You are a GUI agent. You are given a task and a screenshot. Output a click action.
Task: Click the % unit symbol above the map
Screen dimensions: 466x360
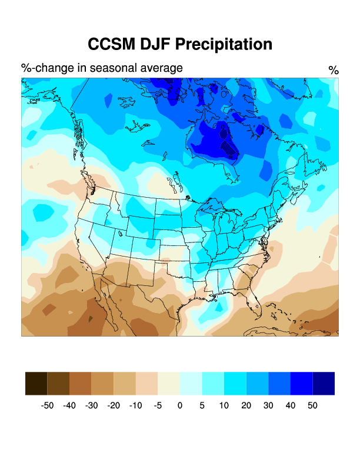334,71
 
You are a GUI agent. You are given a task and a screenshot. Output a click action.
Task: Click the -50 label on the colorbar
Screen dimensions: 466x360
47,405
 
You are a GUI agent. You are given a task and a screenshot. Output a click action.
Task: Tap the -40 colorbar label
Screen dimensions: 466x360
69,405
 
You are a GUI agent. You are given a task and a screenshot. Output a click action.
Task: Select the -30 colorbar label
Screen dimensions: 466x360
91,405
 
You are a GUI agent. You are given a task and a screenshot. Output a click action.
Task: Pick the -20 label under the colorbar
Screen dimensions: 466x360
114,405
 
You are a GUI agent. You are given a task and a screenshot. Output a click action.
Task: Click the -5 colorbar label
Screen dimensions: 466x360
158,405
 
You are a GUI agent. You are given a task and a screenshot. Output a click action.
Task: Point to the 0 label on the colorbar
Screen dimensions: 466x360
180,405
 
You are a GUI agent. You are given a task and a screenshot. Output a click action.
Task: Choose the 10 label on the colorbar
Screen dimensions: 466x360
224,405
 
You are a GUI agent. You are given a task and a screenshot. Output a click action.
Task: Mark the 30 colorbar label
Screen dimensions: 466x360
268,405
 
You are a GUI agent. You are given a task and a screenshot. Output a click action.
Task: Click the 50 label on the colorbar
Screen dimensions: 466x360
312,405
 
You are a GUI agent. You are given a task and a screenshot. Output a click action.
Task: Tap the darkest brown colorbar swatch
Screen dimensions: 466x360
36,383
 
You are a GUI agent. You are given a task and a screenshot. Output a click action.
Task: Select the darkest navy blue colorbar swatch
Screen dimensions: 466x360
324,383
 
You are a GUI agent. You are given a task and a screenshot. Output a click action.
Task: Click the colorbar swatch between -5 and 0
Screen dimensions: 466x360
169,383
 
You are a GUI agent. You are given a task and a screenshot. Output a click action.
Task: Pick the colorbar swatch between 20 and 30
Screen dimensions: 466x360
257,383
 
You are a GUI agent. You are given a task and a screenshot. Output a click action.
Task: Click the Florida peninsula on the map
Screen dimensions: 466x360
255,300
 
